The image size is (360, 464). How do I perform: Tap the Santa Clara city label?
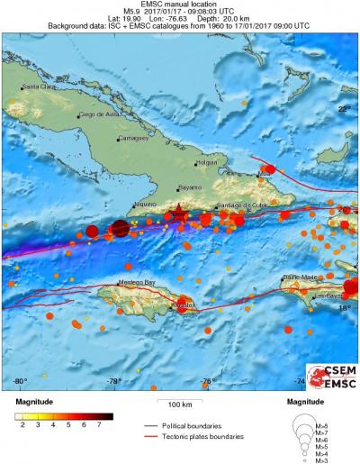click(39, 86)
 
